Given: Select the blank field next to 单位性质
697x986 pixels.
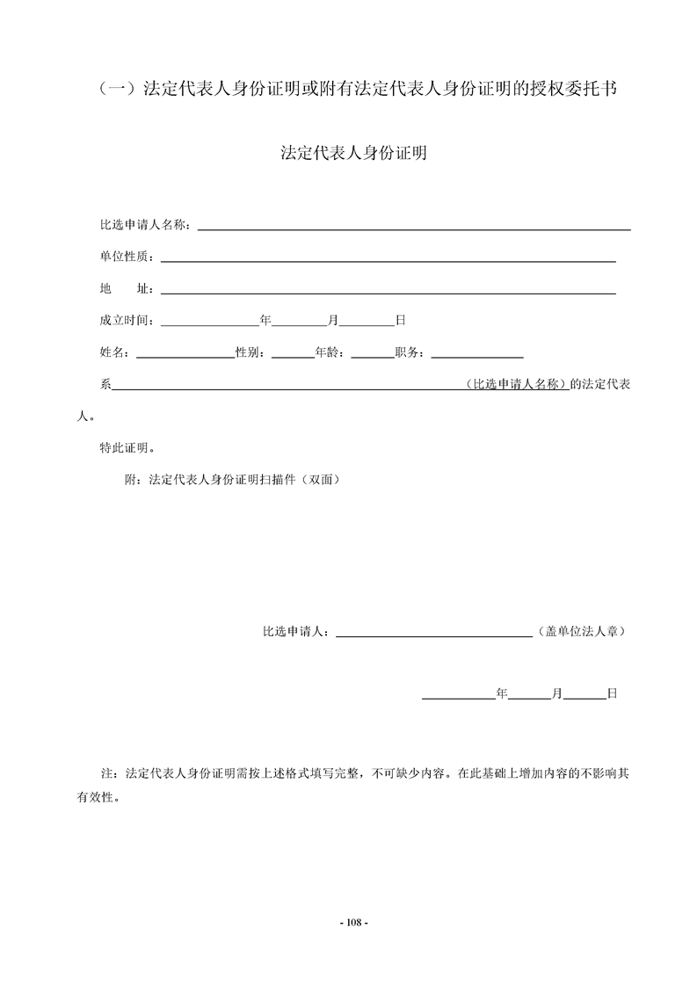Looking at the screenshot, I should pyautogui.click(x=387, y=258).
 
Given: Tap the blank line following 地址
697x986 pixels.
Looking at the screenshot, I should pyautogui.click(x=387, y=290).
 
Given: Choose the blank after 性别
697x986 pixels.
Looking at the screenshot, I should pyautogui.click(x=294, y=353).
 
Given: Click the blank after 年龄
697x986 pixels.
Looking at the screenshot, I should pyautogui.click(x=373, y=353).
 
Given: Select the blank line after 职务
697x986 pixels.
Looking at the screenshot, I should pyautogui.click(x=477, y=353).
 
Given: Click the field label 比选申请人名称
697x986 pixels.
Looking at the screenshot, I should pyautogui.click(x=144, y=225).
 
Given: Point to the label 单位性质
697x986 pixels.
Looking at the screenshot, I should pyautogui.click(x=126, y=257).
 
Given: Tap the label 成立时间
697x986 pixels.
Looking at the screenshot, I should pyautogui.click(x=126, y=320).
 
